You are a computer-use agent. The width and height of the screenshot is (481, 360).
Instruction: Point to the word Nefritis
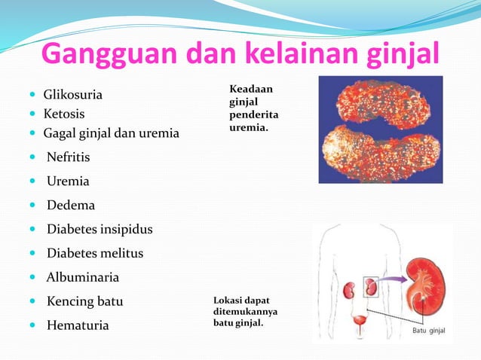pos(68,157)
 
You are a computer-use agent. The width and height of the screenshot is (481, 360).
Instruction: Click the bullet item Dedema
pos(71,205)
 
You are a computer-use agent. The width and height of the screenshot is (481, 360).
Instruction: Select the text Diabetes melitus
pos(95,253)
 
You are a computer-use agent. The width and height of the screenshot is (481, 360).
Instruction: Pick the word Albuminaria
pos(83,277)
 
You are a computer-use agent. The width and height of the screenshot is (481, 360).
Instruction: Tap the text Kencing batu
pos(84,301)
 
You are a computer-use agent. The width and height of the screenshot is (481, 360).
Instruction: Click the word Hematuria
pos(78,325)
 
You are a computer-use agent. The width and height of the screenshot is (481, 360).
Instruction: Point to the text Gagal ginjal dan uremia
pos(111,133)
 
